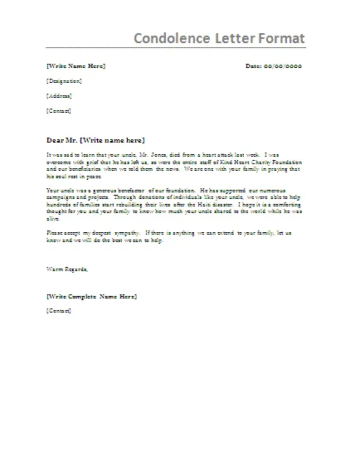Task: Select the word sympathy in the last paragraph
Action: tap(125, 234)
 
